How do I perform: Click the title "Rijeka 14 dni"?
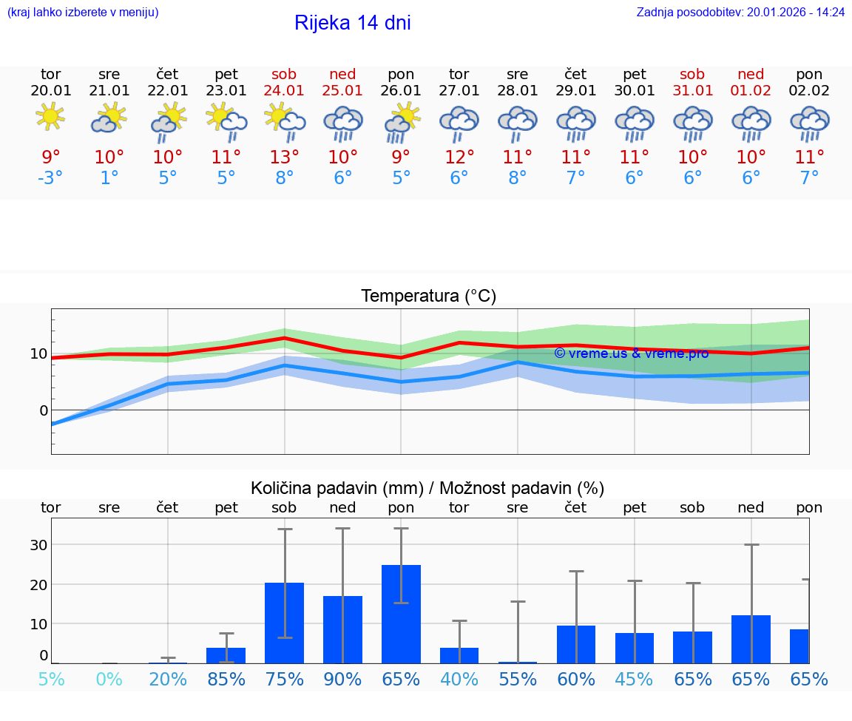point(352,23)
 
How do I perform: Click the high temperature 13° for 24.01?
point(284,157)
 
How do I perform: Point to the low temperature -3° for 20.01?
point(50,178)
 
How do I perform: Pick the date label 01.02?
point(751,91)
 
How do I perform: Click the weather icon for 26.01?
point(401,122)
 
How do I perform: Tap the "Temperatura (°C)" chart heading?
point(428,297)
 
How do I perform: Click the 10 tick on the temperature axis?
point(38,353)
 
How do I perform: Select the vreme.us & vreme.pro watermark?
point(631,353)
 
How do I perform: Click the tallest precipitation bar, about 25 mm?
point(401,614)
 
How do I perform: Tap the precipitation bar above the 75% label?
point(284,623)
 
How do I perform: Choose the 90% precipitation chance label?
point(342,679)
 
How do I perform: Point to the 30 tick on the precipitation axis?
point(38,545)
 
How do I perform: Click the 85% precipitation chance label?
point(226,679)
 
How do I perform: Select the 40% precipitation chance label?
point(459,679)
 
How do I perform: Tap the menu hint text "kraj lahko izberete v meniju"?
point(83,12)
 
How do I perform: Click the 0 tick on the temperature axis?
point(44,410)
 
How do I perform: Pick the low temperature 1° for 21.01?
point(109,178)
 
